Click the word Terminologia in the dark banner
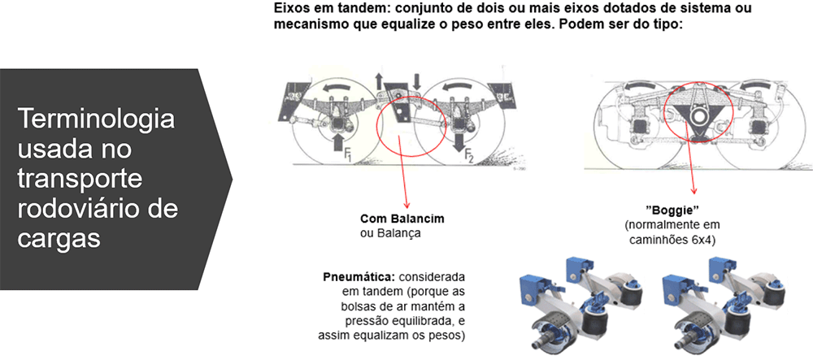point(97,119)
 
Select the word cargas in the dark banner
point(59,239)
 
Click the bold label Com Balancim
point(402,219)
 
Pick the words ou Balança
point(389,233)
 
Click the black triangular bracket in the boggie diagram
point(693,115)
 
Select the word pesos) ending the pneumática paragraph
point(447,335)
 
